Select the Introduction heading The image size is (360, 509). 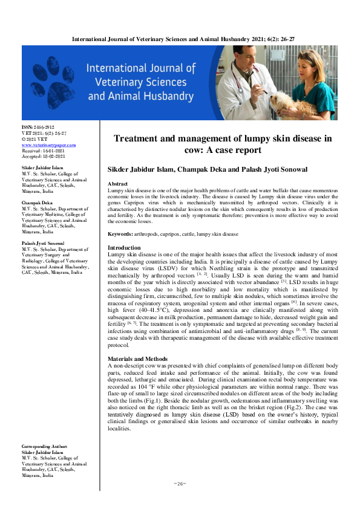coord(124,248)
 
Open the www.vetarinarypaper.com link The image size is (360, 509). coord(48,145)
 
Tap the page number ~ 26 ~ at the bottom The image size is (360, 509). coord(180,483)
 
